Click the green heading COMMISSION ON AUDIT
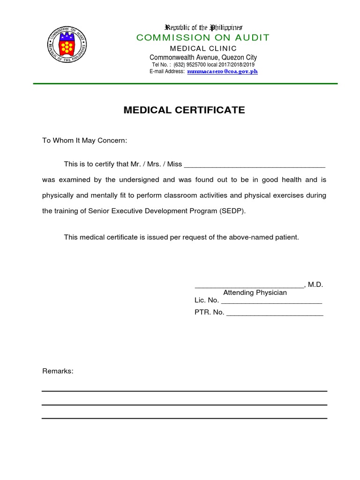tap(203, 38)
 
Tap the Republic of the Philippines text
tap(202, 28)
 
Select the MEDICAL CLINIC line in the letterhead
tap(203, 48)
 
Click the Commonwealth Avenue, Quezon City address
tap(203, 57)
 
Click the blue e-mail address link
tap(222, 72)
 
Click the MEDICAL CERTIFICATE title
tap(184, 110)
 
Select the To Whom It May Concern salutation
tap(84, 141)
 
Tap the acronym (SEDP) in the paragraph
tap(232, 211)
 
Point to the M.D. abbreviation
tap(315, 285)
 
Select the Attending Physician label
tap(255, 292)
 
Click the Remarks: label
tap(58, 371)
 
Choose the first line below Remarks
tap(184, 391)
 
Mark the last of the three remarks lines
tap(184, 418)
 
